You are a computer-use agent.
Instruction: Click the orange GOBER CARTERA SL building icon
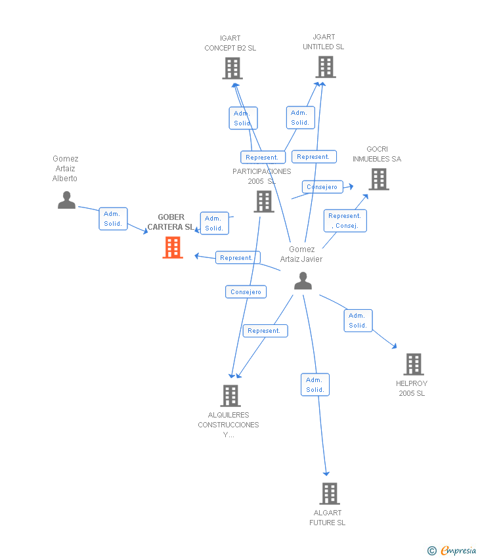coord(173,247)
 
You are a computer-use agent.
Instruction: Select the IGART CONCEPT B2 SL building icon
coord(232,68)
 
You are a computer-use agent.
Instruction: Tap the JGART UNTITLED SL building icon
coord(325,67)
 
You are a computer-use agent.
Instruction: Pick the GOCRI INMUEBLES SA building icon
coord(378,179)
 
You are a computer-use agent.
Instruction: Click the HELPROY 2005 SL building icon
coord(413,364)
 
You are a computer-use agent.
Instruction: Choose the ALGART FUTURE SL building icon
coord(329,493)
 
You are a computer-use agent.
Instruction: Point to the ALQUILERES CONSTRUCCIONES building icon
coord(230,396)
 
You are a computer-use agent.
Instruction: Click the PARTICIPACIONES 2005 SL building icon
coord(263,202)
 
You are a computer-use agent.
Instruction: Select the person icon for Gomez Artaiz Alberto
coord(66,200)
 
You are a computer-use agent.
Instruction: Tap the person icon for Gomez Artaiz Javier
coord(303,280)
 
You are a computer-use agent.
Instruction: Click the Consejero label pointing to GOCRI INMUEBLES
coord(322,187)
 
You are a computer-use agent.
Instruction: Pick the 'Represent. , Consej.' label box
coord(345,221)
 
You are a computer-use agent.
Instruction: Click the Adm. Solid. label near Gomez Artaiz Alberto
coord(113,219)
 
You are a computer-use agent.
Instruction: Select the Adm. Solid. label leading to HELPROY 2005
coord(358,320)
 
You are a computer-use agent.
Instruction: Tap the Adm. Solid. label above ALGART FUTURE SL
coord(315,385)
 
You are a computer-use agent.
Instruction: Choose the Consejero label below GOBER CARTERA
coord(246,291)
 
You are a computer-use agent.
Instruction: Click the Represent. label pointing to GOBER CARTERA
coord(237,257)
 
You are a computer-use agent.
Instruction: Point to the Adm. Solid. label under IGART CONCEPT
coord(242,118)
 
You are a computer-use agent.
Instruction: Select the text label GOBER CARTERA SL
coord(171,222)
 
